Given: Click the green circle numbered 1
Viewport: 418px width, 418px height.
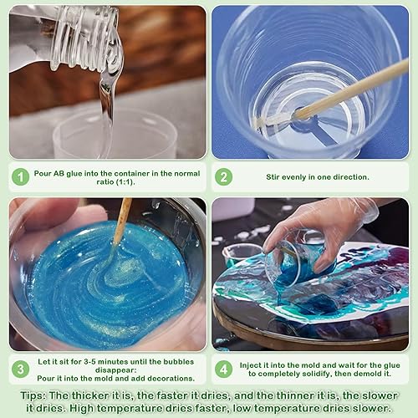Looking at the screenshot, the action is (21, 176).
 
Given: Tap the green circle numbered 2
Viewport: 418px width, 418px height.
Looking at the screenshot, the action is (223, 176).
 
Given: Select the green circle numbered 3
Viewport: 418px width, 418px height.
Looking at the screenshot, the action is (21, 370).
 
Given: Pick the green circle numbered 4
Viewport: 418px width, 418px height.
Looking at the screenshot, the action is (223, 370).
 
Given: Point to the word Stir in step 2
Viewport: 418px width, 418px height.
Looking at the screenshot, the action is (273, 177).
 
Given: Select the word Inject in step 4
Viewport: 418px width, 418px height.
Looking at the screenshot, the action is (250, 365).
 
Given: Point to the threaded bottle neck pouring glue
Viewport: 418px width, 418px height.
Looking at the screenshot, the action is (84, 36).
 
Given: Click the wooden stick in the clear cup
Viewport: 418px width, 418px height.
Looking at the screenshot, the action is (332, 94).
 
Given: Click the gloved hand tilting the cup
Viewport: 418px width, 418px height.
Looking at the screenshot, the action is (320, 234).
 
